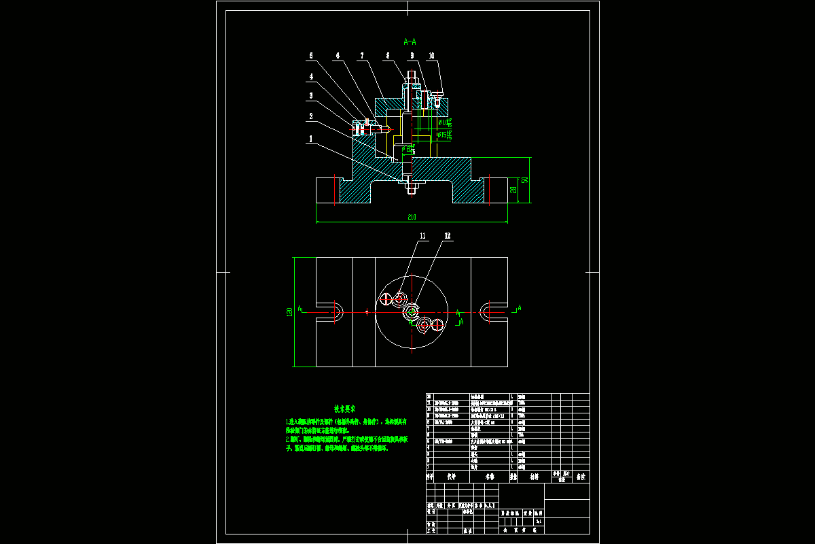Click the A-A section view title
[410, 41]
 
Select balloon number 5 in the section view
[312, 55]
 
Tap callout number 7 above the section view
[362, 55]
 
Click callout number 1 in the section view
[312, 138]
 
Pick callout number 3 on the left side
[312, 96]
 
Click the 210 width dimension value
[412, 217]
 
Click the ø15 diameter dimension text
[443, 135]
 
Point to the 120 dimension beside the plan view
[290, 311]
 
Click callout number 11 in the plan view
[422, 236]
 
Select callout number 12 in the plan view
[448, 236]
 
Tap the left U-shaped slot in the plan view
[331, 312]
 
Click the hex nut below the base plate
[412, 183]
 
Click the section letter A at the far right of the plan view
[520, 308]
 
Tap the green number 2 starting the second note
[288, 439]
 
